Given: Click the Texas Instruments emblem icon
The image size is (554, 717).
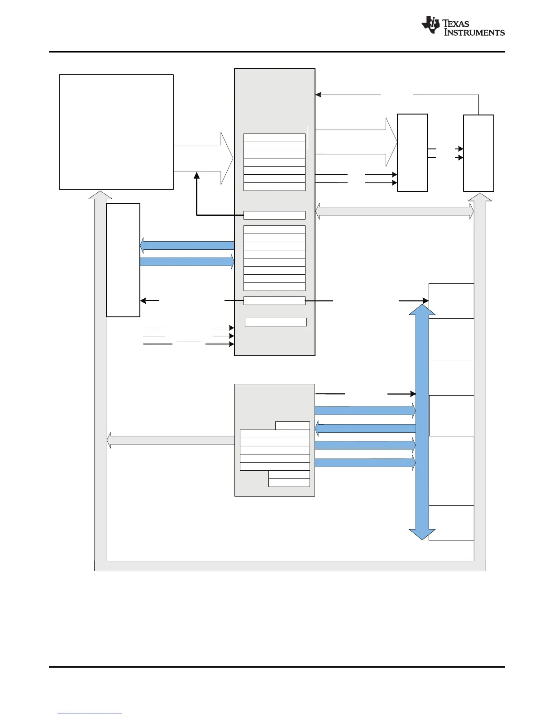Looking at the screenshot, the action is pos(430,25).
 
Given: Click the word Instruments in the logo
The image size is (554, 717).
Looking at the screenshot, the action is pos(474,33).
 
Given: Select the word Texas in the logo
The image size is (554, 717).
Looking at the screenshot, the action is pos(456,23).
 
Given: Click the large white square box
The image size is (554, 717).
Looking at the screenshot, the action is pos(116,132).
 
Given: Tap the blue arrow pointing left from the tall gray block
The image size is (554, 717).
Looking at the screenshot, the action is pos(186,245).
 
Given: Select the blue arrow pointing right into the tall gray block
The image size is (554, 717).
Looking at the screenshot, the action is pos(187,261).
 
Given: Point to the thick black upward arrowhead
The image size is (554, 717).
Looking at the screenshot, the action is pos(197,175).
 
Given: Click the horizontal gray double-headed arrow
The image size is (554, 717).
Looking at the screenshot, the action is pos(394,211).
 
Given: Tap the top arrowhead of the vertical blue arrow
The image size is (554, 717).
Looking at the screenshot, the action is pos(422,310).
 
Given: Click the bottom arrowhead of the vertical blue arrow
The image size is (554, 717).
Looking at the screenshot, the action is pos(422,535).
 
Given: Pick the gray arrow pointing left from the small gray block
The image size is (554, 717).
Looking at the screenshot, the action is pos(171,440).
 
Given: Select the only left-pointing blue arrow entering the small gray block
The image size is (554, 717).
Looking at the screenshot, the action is pos(365,428).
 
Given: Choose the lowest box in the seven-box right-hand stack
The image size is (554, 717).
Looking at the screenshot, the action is pos(451,523).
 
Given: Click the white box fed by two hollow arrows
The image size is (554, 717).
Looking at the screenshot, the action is pos(412,153).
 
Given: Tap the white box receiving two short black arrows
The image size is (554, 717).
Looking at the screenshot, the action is pos(478,153).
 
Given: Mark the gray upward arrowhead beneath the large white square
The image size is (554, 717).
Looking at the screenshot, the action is pos(100,195).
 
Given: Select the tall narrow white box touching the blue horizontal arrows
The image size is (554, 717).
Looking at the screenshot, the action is pos(123,260).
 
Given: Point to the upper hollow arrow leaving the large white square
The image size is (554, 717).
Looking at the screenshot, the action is pos(204,145).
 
